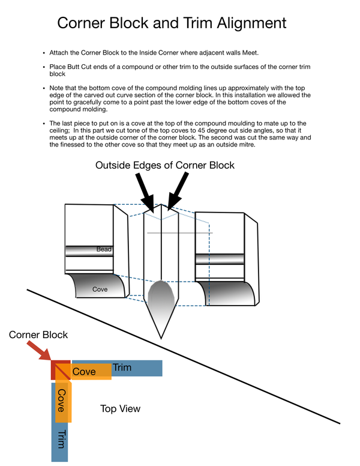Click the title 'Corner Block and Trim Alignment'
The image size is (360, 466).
(172, 23)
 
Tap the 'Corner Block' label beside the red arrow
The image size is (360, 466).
(38, 334)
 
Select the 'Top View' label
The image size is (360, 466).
(120, 409)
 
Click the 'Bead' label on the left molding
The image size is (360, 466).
(104, 249)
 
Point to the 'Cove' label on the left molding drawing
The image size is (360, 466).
(100, 289)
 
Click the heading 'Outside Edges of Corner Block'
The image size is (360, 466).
(165, 165)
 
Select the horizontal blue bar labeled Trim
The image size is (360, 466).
(138, 368)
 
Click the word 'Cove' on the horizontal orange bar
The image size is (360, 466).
(84, 372)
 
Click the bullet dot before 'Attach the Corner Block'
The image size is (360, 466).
(43, 53)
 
